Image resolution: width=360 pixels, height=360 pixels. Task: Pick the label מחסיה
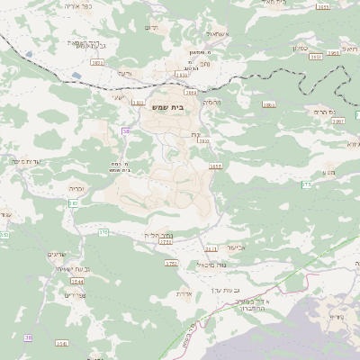[x=211, y=103]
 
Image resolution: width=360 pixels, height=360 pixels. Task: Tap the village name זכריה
[x=75, y=189]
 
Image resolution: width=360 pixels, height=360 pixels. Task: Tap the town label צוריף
[x=337, y=317]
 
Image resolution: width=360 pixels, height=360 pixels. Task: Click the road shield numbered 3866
[x=268, y=104]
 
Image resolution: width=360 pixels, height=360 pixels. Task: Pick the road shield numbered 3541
[x=61, y=343]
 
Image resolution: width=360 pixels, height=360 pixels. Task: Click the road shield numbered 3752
[x=171, y=263]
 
